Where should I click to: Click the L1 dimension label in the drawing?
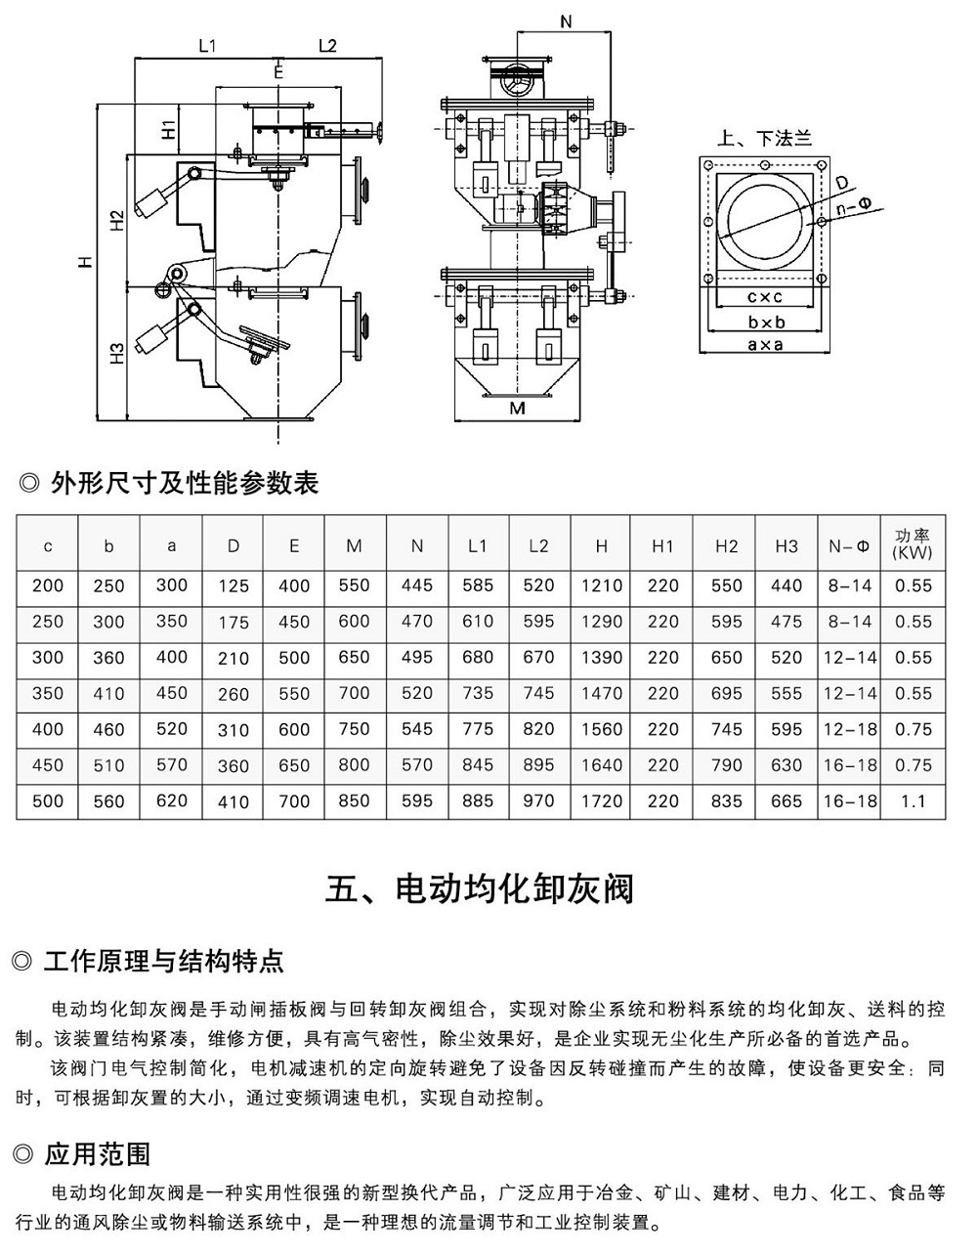tap(206, 45)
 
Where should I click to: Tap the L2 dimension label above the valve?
tap(327, 45)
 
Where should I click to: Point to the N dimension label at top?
tap(567, 21)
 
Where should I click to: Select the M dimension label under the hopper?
tap(518, 408)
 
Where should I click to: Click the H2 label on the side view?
tap(116, 220)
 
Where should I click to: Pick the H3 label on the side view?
tap(116, 353)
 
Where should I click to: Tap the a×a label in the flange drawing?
tap(765, 344)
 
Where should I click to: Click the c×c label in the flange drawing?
tap(765, 296)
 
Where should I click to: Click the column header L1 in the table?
tap(477, 546)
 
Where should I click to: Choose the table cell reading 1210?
tap(601, 585)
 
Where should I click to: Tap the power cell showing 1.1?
tap(913, 801)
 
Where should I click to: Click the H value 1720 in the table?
tap(601, 801)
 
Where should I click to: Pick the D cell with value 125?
tap(234, 586)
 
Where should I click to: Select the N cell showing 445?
tap(416, 585)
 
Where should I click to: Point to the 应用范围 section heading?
tap(98, 1154)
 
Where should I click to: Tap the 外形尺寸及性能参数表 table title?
tap(184, 482)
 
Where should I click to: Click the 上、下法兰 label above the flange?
tap(764, 139)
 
